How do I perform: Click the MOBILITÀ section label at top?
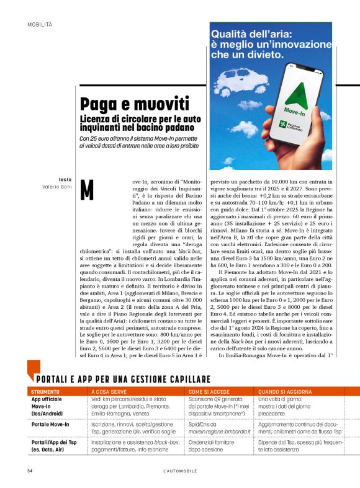(x=40, y=24)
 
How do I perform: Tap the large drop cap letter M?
(x=87, y=190)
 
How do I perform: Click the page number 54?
(x=30, y=471)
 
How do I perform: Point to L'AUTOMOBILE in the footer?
(x=180, y=471)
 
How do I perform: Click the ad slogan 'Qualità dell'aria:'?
(x=251, y=35)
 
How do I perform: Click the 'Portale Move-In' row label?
(x=50, y=424)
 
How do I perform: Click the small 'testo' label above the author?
(x=65, y=179)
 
